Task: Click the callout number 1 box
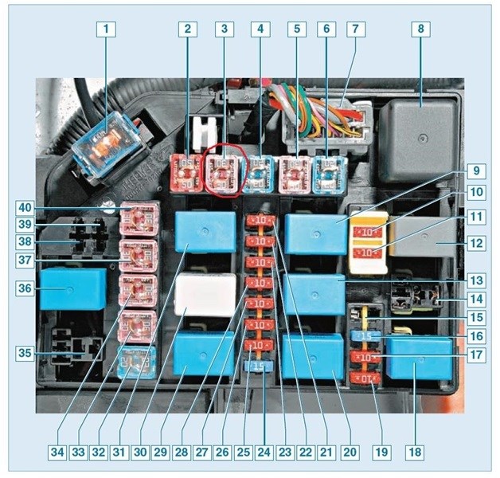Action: click(x=104, y=31)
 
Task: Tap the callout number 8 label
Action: click(x=420, y=31)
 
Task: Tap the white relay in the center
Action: click(x=205, y=296)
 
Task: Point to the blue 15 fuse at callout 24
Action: click(x=257, y=366)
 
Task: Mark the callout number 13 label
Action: click(x=476, y=280)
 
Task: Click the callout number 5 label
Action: click(x=296, y=31)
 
